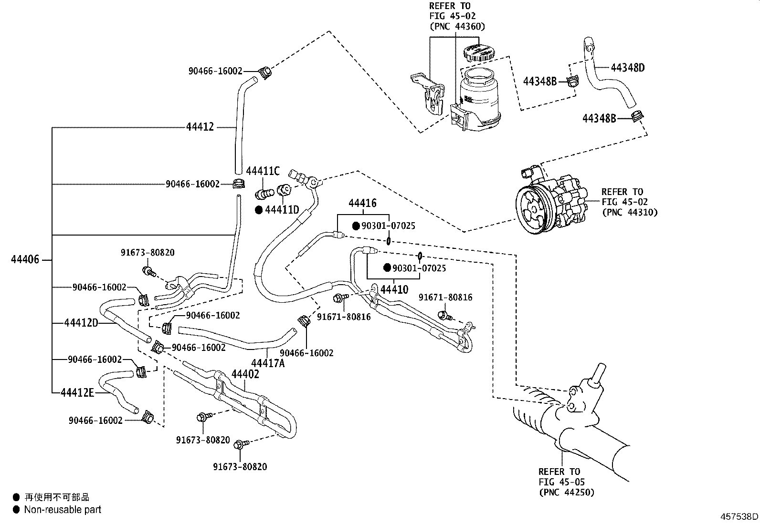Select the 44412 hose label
click(200, 127)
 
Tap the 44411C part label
click(263, 171)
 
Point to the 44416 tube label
click(362, 204)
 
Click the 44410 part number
click(394, 289)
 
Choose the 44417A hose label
click(268, 363)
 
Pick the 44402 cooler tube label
click(245, 374)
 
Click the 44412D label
click(81, 323)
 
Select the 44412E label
click(78, 392)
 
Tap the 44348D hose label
click(628, 68)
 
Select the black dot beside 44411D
click(259, 210)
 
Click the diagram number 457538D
click(739, 516)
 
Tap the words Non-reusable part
click(63, 510)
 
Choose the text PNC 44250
click(567, 492)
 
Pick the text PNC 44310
click(629, 212)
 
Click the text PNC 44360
click(456, 27)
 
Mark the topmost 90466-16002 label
click(215, 71)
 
